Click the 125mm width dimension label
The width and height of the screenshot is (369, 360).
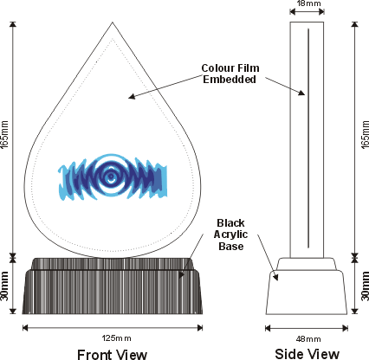click(116, 338)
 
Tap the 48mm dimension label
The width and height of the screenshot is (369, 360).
click(308, 339)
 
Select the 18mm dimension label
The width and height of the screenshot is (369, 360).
click(308, 3)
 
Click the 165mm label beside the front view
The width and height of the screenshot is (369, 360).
click(4, 134)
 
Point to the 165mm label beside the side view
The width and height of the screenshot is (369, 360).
click(365, 134)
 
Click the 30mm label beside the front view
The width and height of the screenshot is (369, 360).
click(4, 286)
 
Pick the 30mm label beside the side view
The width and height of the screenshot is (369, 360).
click(365, 286)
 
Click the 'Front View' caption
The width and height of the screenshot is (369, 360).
click(113, 354)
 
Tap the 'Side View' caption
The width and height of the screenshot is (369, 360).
click(307, 354)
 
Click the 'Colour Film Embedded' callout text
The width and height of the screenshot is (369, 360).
click(230, 74)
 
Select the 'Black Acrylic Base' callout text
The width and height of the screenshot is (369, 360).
click(230, 235)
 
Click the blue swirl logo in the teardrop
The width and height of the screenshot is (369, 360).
click(113, 177)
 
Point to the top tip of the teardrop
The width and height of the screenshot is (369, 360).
click(113, 22)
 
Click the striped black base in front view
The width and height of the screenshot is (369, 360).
click(113, 286)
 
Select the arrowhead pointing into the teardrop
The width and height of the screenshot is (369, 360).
click(132, 96)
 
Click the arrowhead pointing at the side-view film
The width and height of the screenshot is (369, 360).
click(301, 93)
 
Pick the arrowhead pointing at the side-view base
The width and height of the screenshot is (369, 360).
click(275, 276)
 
